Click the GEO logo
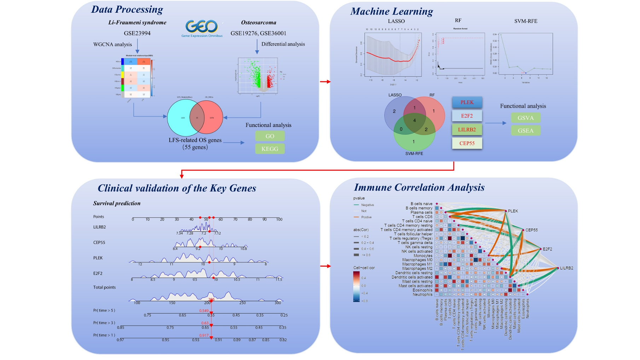tap(202, 28)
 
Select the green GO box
tap(270, 136)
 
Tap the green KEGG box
tap(270, 149)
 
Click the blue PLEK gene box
tap(467, 102)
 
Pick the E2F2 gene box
tap(467, 116)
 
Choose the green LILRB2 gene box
tap(467, 129)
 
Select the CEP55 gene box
tap(467, 143)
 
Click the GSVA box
tap(525, 118)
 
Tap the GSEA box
tap(525, 130)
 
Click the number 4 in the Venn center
tap(414, 120)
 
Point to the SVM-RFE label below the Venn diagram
tap(414, 153)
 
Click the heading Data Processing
tap(127, 9)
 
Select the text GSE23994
tap(137, 33)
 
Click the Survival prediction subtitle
tap(117, 203)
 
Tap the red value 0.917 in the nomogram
tap(204, 335)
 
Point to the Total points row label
tap(104, 287)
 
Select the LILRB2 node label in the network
tap(566, 268)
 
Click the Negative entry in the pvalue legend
tap(367, 205)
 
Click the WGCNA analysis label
tap(112, 44)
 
